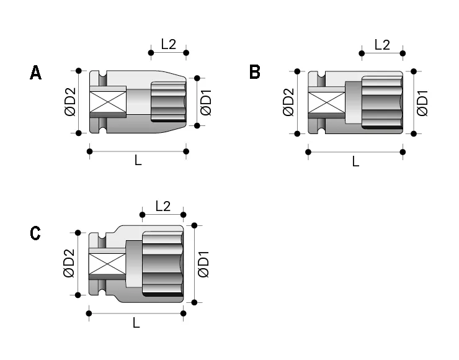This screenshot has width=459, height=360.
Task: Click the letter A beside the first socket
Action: pyautogui.click(x=36, y=73)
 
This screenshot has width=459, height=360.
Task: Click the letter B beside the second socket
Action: pyautogui.click(x=254, y=73)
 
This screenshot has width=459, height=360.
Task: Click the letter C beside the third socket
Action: pyautogui.click(x=35, y=233)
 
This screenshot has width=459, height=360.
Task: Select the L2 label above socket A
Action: pyautogui.click(x=168, y=44)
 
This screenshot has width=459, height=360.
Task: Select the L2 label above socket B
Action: pyautogui.click(x=382, y=44)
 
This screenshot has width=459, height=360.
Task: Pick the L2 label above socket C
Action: pyautogui.click(x=163, y=206)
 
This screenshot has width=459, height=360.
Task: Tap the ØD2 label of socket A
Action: pyautogui.click(x=69, y=102)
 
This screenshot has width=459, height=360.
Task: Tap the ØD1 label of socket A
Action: pyautogui.click(x=207, y=102)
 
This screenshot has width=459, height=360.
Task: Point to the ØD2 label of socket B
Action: pyautogui.click(x=288, y=102)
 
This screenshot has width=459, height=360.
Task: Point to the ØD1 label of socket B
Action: pyautogui.click(x=423, y=102)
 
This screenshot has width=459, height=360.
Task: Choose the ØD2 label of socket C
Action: pyautogui.click(x=69, y=264)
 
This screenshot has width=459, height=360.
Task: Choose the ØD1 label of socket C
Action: pyautogui.click(x=203, y=264)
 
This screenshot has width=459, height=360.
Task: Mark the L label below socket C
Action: pyautogui.click(x=136, y=323)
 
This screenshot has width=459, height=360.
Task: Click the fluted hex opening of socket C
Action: pyautogui.click(x=162, y=264)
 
